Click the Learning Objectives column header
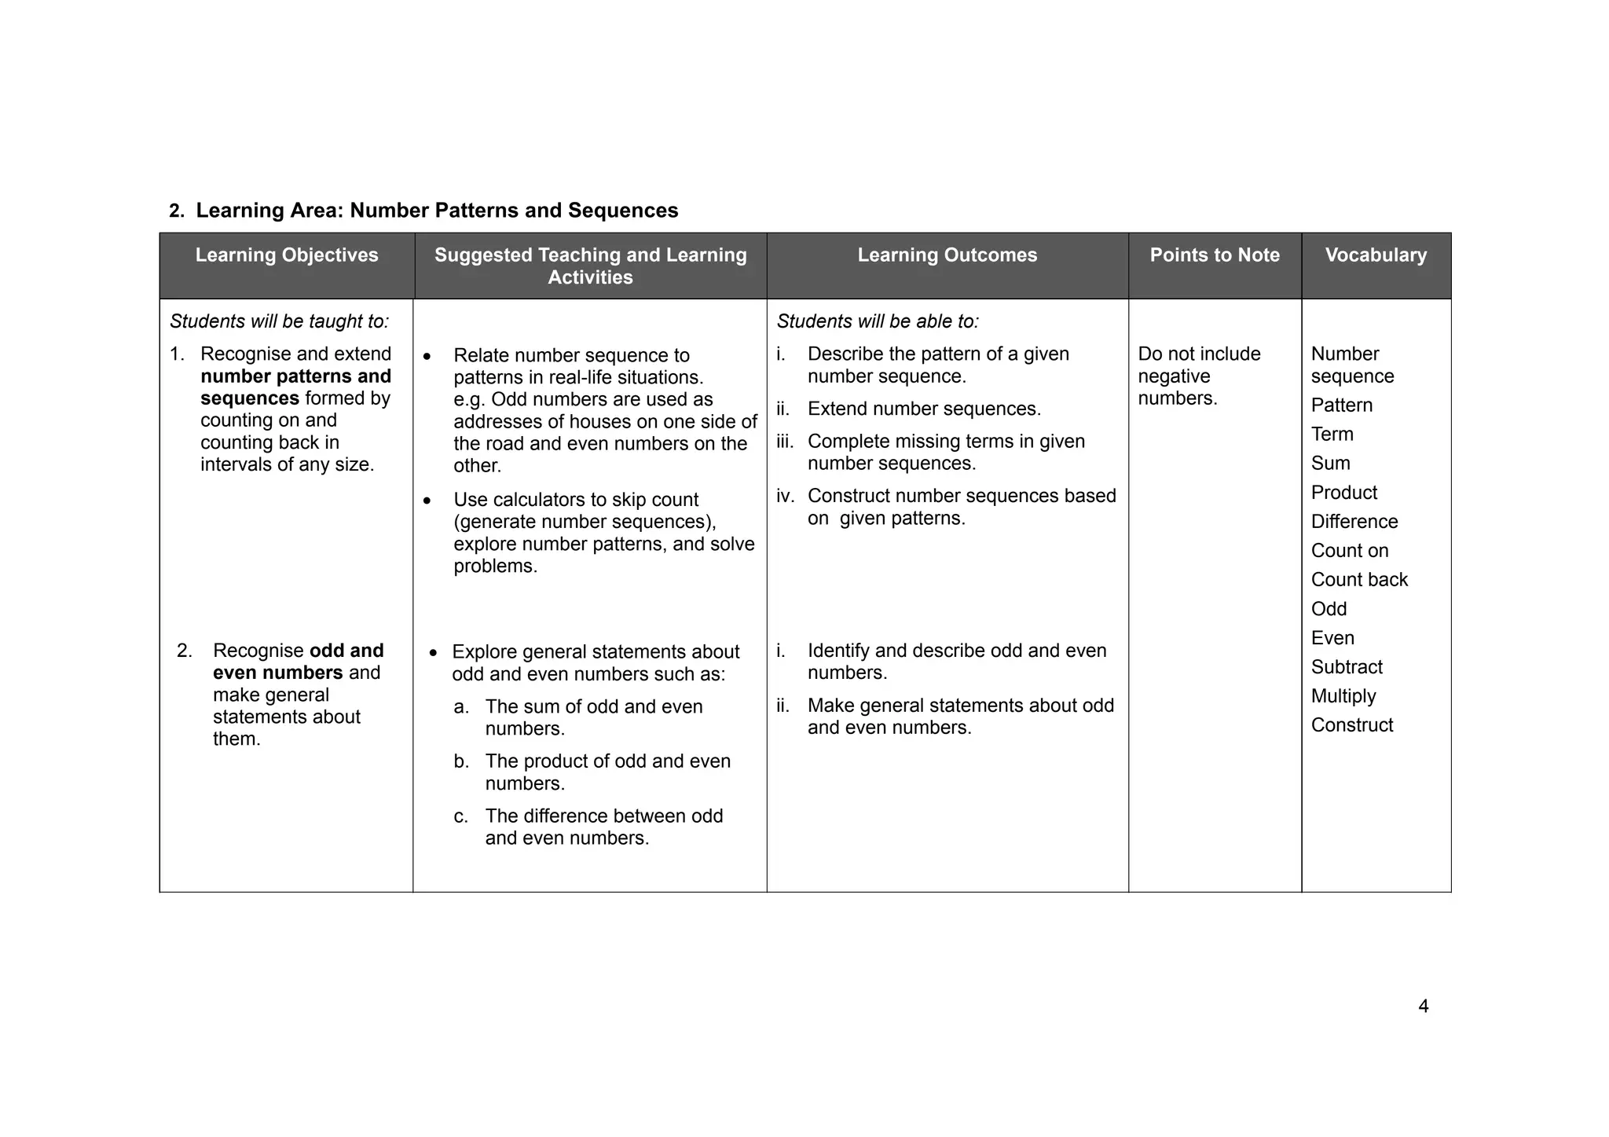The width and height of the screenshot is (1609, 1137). click(287, 255)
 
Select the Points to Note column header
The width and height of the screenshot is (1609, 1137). click(1215, 255)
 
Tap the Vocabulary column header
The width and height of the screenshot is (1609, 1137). click(1376, 255)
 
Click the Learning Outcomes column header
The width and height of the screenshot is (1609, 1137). click(947, 255)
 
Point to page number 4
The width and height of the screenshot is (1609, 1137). click(1423, 1007)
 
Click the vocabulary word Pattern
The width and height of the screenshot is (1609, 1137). click(1341, 405)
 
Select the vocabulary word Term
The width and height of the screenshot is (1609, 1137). click(1332, 435)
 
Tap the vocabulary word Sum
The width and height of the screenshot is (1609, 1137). click(1330, 464)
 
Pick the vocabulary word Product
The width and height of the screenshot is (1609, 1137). click(1343, 493)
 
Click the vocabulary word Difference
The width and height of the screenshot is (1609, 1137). click(1354, 522)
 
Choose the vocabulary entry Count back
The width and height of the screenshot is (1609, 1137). click(1358, 580)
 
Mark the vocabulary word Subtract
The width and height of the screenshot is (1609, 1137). click(1347, 667)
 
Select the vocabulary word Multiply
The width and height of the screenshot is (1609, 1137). click(1343, 696)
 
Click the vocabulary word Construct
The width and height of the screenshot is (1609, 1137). click(1351, 725)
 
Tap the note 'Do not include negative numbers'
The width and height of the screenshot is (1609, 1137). click(1198, 376)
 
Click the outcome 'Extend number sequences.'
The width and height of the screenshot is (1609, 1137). click(924, 409)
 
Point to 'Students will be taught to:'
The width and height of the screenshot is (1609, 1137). click(279, 321)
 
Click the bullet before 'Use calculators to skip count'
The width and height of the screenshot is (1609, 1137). click(427, 501)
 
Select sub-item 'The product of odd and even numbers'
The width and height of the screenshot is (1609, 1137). click(607, 772)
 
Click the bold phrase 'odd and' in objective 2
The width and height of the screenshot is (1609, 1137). click(346, 651)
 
